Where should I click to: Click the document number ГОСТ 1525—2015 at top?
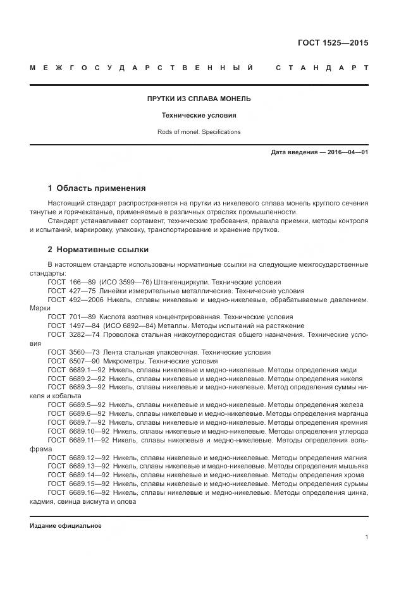point(333,44)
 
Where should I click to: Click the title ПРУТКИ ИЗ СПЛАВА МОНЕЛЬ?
point(199,99)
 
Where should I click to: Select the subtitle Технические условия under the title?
point(199,116)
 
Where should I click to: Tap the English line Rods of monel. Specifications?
point(199,132)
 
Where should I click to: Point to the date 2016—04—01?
point(347,152)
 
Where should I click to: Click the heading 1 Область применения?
point(97,188)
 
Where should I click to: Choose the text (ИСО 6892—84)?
point(130,326)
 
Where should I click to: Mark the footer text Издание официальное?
point(65,525)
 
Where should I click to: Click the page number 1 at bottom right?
point(367,537)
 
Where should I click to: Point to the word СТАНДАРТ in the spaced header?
point(322,68)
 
